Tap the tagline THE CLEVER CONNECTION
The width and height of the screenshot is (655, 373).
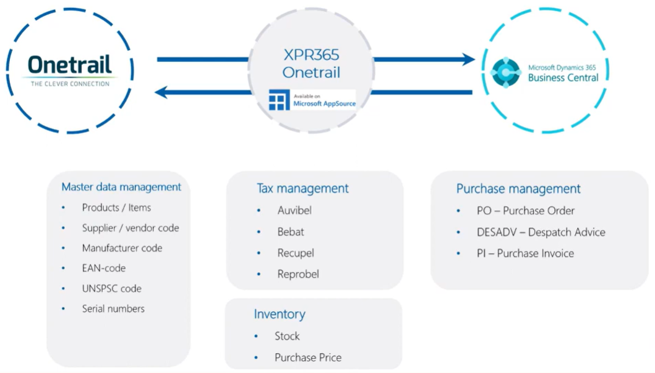pos(70,84)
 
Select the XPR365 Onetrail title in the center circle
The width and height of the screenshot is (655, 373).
pos(312,64)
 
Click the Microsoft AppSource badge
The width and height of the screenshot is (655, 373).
pos(312,99)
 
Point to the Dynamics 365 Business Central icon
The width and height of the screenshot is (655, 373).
pos(506,72)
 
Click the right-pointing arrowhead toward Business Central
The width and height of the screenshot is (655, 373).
pos(467,59)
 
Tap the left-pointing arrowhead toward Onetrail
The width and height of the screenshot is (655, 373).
pos(163,93)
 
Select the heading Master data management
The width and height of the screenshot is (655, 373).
pos(121,186)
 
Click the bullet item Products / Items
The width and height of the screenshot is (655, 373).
pos(116,208)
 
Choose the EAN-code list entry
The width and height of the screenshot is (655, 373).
pos(103,268)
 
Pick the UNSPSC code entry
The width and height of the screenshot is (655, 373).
pos(111,288)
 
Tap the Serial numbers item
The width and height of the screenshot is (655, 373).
pos(113,309)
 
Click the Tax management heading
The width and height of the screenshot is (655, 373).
pos(302,188)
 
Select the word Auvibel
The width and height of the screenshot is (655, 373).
pos(294,210)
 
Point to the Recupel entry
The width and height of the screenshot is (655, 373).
pos(296,253)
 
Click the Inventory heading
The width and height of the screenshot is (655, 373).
pos(280,314)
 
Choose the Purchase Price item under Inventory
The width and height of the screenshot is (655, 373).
pos(308,357)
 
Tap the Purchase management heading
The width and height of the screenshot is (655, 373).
pos(518,189)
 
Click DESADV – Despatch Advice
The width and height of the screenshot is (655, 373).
pos(541,232)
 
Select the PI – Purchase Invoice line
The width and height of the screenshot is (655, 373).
pos(525,253)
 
